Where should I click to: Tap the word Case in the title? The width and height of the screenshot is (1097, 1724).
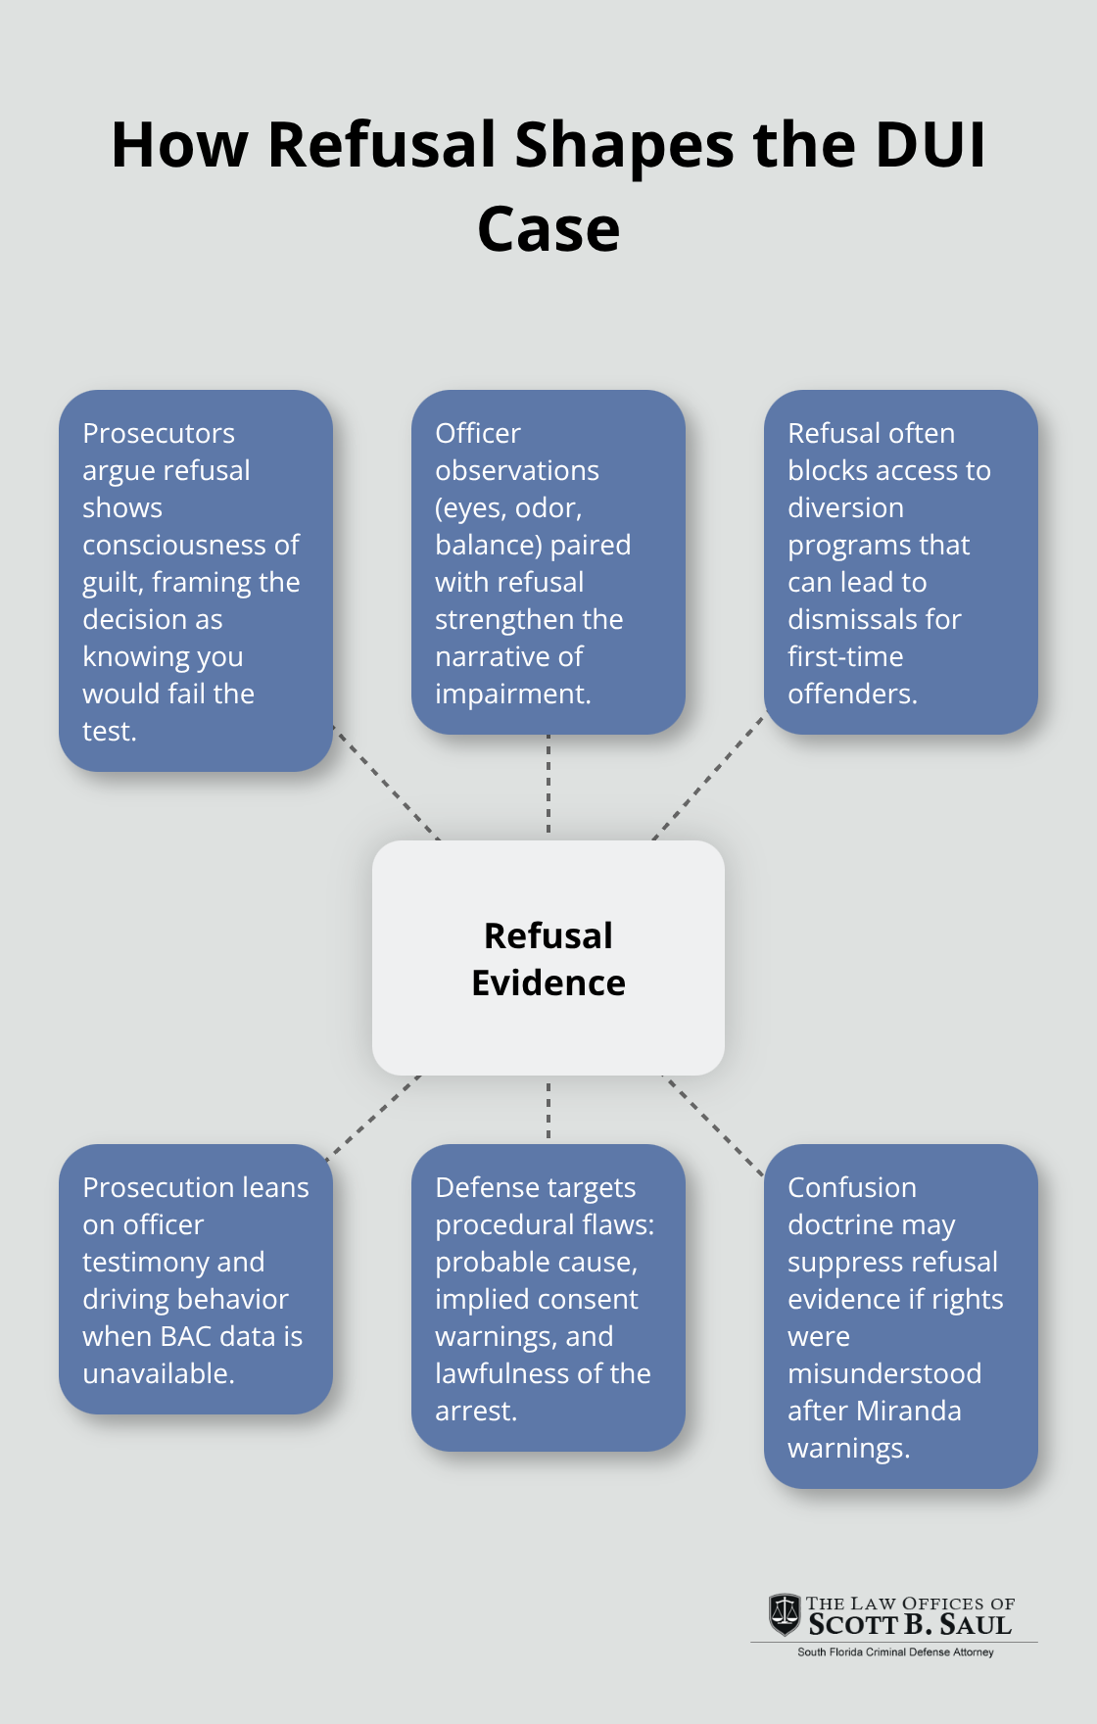pos(548,230)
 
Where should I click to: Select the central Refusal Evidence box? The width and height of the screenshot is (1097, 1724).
pos(548,958)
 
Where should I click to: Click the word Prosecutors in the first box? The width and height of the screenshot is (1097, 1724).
pos(159,433)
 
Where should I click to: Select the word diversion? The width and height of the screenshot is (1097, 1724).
pos(845,507)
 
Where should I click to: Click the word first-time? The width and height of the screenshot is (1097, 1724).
pos(845,656)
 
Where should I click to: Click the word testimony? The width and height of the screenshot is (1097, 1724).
pos(173,1262)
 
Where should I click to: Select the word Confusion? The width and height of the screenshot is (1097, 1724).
pos(852,1187)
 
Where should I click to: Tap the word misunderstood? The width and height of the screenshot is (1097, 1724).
pos(884,1373)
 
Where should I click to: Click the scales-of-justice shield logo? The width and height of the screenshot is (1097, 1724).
pos(784,1614)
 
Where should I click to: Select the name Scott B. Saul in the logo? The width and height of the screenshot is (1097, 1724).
pos(910,1625)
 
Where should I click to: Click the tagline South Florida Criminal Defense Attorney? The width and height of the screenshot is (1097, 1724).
pos(895,1652)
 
